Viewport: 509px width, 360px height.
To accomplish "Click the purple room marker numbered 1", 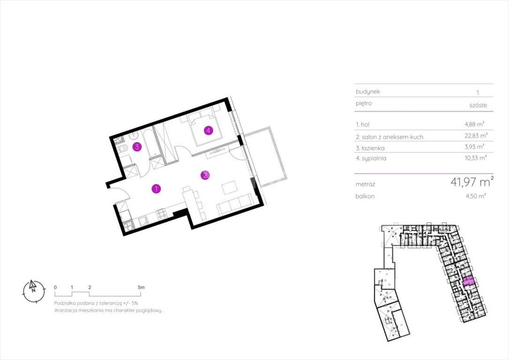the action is pos(156,189).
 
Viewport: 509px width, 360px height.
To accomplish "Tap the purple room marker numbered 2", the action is pos(205,175).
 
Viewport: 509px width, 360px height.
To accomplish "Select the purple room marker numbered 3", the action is pos(137,147).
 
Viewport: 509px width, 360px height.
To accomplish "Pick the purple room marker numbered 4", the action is pos(208,131).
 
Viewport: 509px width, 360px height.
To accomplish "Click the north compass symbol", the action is pos(33,291).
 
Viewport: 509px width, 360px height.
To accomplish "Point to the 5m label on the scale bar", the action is pos(141,287).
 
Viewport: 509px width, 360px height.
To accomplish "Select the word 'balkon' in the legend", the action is pos(365,196).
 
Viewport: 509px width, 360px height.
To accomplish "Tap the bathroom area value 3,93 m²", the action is pos(474,147).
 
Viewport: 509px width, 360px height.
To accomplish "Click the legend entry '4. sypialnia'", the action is pos(371,158).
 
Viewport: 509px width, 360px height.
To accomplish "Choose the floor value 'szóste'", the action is pos(478,105).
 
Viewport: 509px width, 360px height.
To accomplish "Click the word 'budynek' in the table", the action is pos(368,92).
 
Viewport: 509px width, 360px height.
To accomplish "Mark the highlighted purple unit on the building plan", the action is pos(469,281).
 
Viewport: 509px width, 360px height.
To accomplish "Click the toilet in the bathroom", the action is pos(122,149).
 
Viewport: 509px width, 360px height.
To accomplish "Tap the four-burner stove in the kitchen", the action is pos(161,214).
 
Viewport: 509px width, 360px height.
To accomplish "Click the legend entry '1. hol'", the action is pos(363,125).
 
